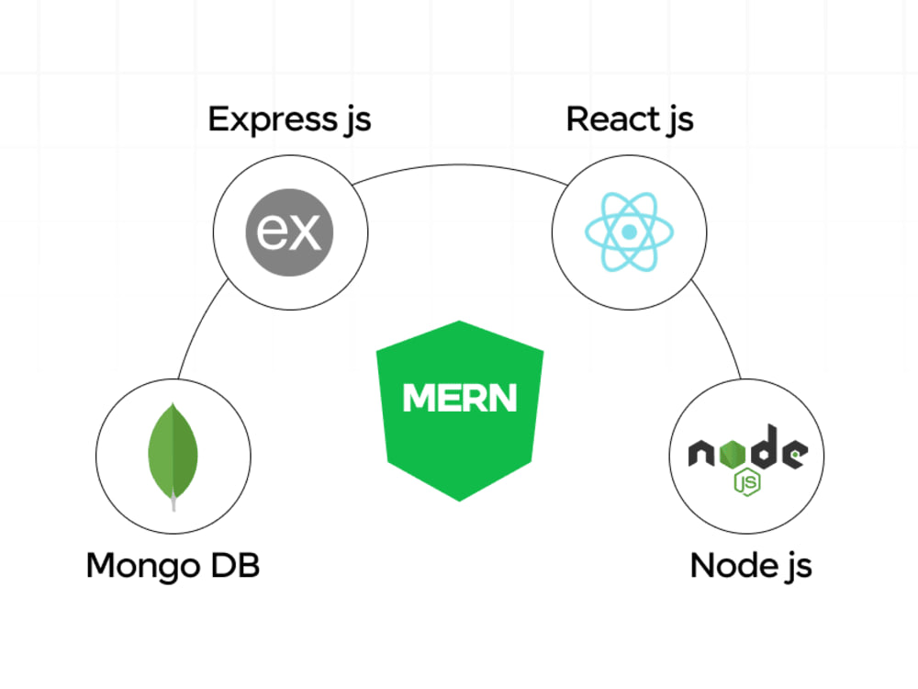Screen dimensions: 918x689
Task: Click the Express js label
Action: click(289, 120)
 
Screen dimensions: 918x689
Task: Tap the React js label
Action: click(630, 120)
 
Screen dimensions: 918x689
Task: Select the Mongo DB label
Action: click(173, 566)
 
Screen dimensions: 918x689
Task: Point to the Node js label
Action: click(751, 566)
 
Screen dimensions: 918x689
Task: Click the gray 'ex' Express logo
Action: click(289, 232)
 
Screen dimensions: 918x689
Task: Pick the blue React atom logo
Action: click(630, 232)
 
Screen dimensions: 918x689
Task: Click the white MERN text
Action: click(460, 398)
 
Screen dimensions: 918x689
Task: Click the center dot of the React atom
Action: click(630, 232)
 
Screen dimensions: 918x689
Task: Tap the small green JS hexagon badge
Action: click(747, 482)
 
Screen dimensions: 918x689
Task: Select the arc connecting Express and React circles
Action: click(460, 165)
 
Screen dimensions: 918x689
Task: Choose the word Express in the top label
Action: click(273, 120)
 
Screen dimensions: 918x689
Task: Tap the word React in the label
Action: click(613, 119)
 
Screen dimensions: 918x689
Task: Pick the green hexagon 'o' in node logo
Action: click(732, 453)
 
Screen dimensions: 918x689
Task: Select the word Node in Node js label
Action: click(734, 565)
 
